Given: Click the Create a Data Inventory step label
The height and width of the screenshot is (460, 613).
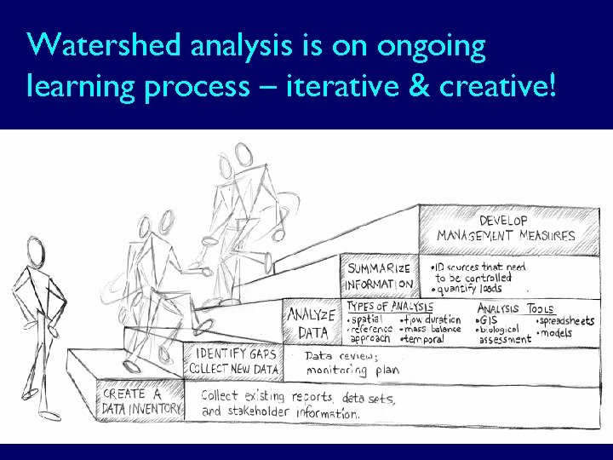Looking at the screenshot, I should tap(141, 402).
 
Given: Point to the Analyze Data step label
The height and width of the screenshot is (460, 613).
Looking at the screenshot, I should tap(311, 322).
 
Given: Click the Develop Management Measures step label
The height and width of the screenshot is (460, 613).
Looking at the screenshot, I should tap(506, 227).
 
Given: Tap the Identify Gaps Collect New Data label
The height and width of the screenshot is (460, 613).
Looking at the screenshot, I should tap(236, 360).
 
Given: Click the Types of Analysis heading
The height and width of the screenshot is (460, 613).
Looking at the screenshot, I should tap(390, 306).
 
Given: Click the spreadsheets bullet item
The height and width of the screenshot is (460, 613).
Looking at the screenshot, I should tap(565, 320).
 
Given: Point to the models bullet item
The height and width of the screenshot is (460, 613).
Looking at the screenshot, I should tap(558, 332).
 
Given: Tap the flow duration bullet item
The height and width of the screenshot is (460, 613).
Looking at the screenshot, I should tap(432, 319).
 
